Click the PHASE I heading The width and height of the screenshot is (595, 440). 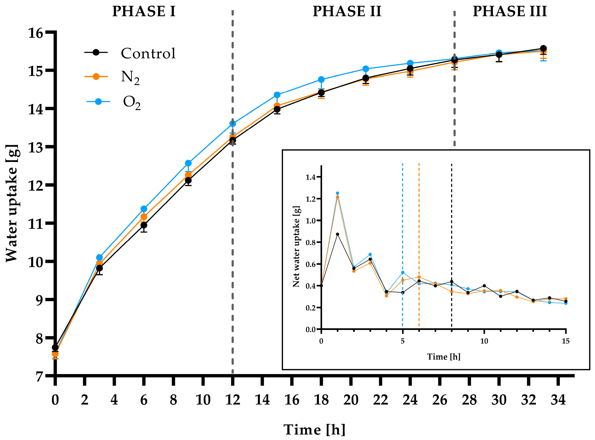pyautogui.click(x=144, y=12)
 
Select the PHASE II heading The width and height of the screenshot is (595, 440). pyautogui.click(x=347, y=12)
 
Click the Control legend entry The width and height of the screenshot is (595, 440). pyautogui.click(x=130, y=53)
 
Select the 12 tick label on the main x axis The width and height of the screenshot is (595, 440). pyautogui.click(x=232, y=400)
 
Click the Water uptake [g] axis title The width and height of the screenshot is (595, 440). pyautogui.click(x=12, y=204)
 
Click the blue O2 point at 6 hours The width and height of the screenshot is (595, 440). pyautogui.click(x=144, y=209)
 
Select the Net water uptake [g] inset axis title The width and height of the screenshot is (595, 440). pyautogui.click(x=296, y=246)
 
